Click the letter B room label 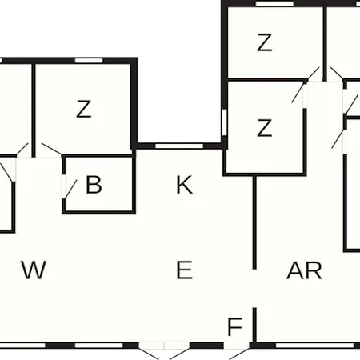pyautogui.click(x=94, y=184)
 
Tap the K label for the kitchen pyautogui.click(x=185, y=185)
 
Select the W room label pyautogui.click(x=34, y=270)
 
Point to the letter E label pyautogui.click(x=185, y=270)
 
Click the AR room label pyautogui.click(x=304, y=270)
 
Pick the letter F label pyautogui.click(x=235, y=327)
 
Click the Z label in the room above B pyautogui.click(x=84, y=109)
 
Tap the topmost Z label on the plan pyautogui.click(x=265, y=42)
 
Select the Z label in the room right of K pyautogui.click(x=265, y=128)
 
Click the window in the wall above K pyautogui.click(x=179, y=146)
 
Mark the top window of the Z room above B pyautogui.click(x=89, y=61)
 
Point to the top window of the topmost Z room pyautogui.click(x=274, y=3)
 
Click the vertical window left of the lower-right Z pyautogui.click(x=225, y=122)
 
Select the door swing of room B pyautogui.click(x=71, y=189)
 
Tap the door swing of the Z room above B pyautogui.click(x=52, y=149)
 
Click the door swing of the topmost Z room pyautogui.click(x=314, y=73)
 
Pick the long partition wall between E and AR pyautogui.click(x=254, y=222)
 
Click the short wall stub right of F pyautogui.click(x=254, y=326)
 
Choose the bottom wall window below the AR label pyautogui.click(x=315, y=346)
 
